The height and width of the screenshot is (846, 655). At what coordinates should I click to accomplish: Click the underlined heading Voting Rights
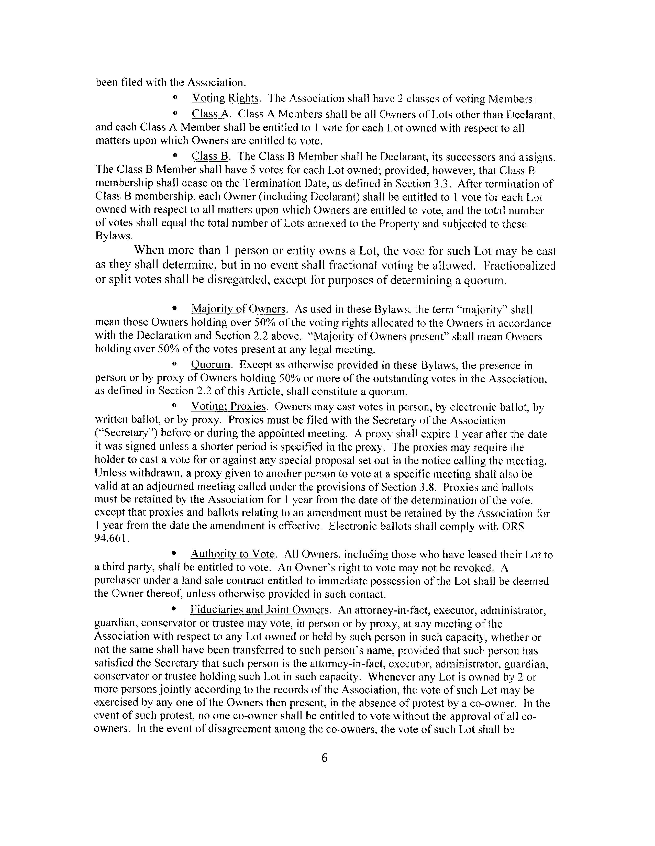(225, 98)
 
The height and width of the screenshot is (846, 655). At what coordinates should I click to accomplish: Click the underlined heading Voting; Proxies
(229, 407)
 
